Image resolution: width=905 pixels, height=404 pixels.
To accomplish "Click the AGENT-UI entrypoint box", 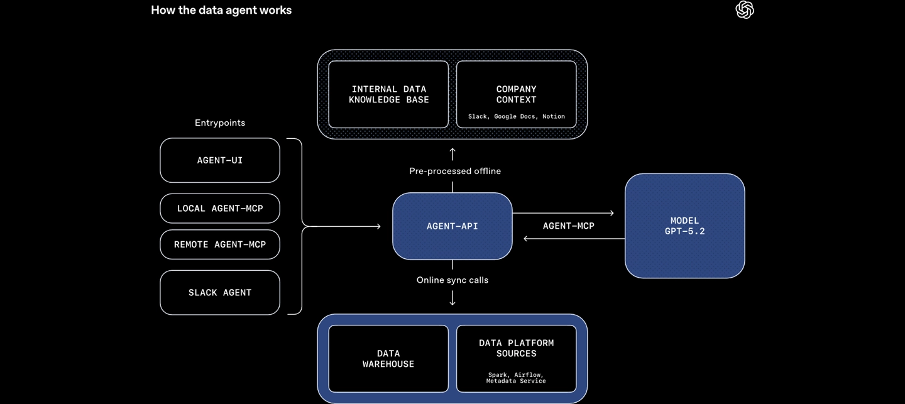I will pyautogui.click(x=220, y=160).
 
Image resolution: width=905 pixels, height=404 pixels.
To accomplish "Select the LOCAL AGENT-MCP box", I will pyautogui.click(x=220, y=209).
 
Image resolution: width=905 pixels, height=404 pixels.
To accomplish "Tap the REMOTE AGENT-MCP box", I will pyautogui.click(x=220, y=244).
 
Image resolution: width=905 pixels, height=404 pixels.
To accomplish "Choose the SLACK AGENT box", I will pyautogui.click(x=220, y=293).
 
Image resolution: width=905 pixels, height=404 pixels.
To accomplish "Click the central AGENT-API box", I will pyautogui.click(x=452, y=226).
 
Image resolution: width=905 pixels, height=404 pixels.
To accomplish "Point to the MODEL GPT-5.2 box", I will pyautogui.click(x=684, y=226).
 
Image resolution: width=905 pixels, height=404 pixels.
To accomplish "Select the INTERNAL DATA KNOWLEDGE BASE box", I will pyautogui.click(x=388, y=94).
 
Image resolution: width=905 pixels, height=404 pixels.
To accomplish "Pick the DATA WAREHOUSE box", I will pyautogui.click(x=388, y=359).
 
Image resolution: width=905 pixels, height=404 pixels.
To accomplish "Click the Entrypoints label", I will pyautogui.click(x=220, y=123).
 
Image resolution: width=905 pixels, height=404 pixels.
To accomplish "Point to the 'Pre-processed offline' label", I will pyautogui.click(x=455, y=171).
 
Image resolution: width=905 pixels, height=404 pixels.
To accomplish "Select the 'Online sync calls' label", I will pyautogui.click(x=452, y=280).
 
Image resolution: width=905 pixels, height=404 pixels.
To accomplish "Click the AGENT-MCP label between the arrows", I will pyautogui.click(x=568, y=226).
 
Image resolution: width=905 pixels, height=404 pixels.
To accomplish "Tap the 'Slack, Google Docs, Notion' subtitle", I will pyautogui.click(x=516, y=117).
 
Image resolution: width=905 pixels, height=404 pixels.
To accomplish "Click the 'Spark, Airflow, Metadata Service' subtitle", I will pyautogui.click(x=516, y=378).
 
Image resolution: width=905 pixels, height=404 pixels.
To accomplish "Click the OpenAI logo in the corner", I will pyautogui.click(x=745, y=10).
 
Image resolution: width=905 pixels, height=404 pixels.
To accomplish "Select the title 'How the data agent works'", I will pyautogui.click(x=221, y=10).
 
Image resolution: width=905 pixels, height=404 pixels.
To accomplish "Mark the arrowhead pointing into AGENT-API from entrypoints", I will pyautogui.click(x=378, y=226).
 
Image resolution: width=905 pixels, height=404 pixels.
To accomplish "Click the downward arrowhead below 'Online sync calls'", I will pyautogui.click(x=452, y=303).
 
